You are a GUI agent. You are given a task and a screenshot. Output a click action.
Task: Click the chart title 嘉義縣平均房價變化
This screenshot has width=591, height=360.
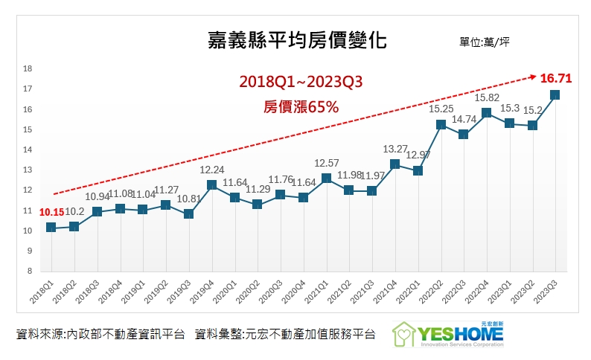pyautogui.click(x=296, y=39)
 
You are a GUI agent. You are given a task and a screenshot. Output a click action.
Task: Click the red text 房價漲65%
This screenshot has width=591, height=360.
pyautogui.click(x=301, y=107)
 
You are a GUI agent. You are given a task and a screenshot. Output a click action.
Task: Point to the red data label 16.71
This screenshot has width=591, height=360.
pyautogui.click(x=556, y=78)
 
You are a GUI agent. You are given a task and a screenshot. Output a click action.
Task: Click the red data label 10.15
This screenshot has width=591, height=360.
pyautogui.click(x=51, y=212)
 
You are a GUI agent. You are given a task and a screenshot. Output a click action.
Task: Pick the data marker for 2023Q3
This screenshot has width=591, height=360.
pyautogui.click(x=555, y=95)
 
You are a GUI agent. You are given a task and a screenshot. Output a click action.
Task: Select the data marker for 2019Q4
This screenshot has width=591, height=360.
pyautogui.click(x=211, y=185)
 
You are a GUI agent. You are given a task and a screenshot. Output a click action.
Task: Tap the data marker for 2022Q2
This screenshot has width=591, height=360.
pyautogui.click(x=441, y=124)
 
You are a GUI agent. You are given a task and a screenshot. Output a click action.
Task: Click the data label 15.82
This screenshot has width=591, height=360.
pyautogui.click(x=486, y=97)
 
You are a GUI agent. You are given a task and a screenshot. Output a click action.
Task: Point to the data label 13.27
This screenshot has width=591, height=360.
pyautogui.click(x=394, y=149)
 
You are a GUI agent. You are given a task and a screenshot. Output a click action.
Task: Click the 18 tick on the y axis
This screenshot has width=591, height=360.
pyautogui.click(x=28, y=68)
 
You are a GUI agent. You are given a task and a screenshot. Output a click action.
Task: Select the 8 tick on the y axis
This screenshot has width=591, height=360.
pyautogui.click(x=29, y=271)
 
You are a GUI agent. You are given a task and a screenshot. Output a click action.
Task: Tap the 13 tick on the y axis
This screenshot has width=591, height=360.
pyautogui.click(x=28, y=170)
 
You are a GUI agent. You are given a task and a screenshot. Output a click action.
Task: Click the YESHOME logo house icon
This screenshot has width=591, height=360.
pyautogui.click(x=407, y=334)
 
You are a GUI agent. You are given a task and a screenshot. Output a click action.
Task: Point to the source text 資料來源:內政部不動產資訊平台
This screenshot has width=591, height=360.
pyautogui.click(x=100, y=335)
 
